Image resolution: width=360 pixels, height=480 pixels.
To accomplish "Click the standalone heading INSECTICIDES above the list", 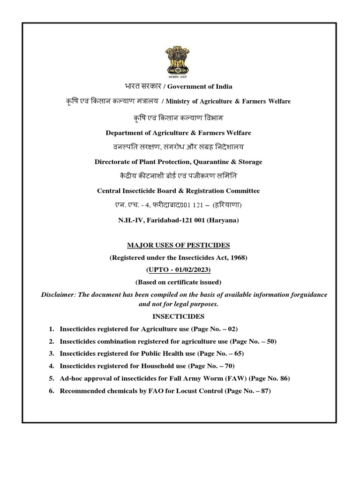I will [180, 317].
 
